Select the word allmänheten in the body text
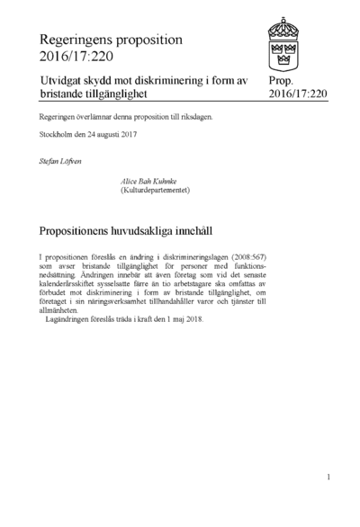click(65, 312)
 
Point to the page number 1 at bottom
click(329, 478)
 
